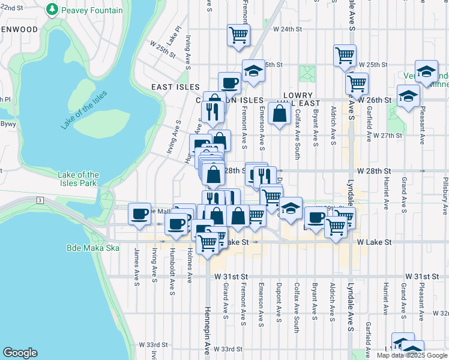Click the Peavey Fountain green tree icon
53,10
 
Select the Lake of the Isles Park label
78,178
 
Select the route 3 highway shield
40,199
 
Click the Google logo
20,353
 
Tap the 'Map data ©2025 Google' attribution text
411,355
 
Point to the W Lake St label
374,242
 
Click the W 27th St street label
387,136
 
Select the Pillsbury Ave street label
445,196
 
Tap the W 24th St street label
286,29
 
